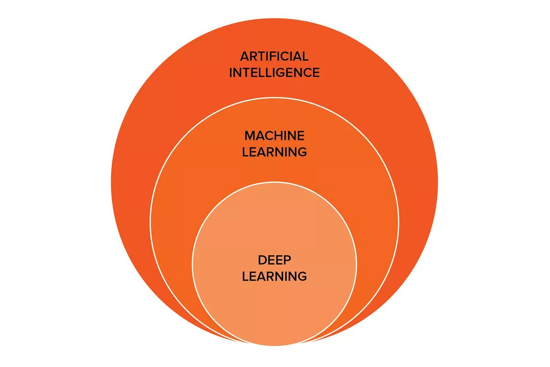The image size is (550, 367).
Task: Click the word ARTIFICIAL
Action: pos(274,56)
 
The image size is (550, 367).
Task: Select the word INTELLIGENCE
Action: pos(274,72)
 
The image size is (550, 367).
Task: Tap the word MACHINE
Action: pos(274,136)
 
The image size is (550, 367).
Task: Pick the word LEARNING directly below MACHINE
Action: pos(274,152)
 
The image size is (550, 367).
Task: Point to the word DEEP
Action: pos(274,260)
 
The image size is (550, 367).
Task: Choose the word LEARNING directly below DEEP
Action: pos(274,276)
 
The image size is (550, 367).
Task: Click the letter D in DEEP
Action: pos(262,260)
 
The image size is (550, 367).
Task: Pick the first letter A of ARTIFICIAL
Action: pos(244,56)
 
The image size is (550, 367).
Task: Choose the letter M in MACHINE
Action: pos(250,136)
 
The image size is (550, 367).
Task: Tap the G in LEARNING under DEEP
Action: pos(302,276)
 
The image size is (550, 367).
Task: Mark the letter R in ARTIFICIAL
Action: pos(254,56)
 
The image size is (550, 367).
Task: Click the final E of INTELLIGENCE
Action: pos(316,72)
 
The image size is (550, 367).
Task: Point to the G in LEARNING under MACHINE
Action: pos(302,152)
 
